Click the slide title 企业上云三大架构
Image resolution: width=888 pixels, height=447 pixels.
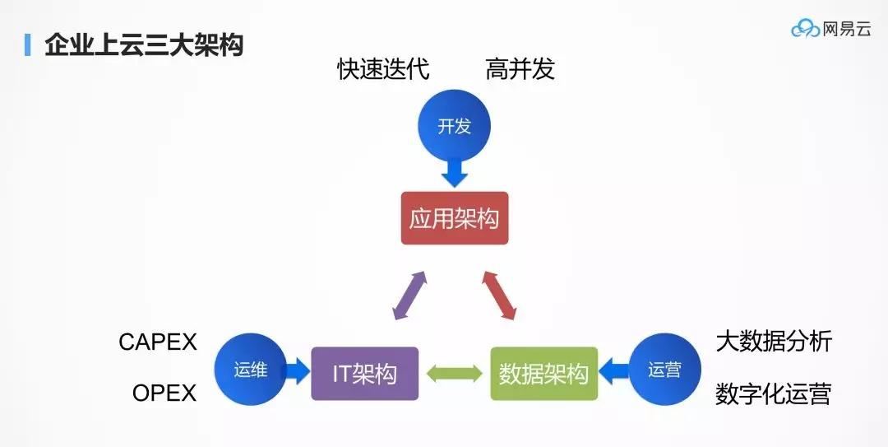pyautogui.click(x=144, y=45)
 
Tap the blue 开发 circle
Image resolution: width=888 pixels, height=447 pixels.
pyautogui.click(x=454, y=126)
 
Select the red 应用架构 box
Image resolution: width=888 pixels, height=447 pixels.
pyautogui.click(x=454, y=218)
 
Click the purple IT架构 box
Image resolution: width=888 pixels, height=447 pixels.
pyautogui.click(x=365, y=374)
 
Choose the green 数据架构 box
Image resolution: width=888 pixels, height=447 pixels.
pyautogui.click(x=543, y=374)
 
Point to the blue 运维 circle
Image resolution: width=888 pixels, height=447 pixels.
pyautogui.click(x=250, y=370)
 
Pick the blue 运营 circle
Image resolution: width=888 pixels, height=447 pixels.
pyautogui.click(x=665, y=370)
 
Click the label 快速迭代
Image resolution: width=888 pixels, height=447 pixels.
pyautogui.click(x=383, y=68)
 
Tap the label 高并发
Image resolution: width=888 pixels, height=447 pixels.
pyautogui.click(x=520, y=68)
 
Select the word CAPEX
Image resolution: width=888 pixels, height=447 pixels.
pyautogui.click(x=158, y=342)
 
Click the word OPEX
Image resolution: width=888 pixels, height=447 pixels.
pyautogui.click(x=164, y=393)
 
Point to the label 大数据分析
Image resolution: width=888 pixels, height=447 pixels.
pyautogui.click(x=775, y=342)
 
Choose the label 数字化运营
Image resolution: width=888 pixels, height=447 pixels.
pyautogui.click(x=773, y=393)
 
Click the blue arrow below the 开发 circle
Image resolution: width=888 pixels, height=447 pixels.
pyautogui.click(x=454, y=173)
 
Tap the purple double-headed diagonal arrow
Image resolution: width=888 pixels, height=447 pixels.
pyautogui.click(x=410, y=296)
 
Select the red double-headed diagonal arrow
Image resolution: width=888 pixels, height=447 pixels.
pyautogui.click(x=499, y=296)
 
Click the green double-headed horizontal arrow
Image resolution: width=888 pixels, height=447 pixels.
pyautogui.click(x=454, y=374)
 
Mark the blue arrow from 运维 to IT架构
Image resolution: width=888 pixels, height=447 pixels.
pyautogui.click(x=297, y=371)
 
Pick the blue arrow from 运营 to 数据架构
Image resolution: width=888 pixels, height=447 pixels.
pyautogui.click(x=614, y=371)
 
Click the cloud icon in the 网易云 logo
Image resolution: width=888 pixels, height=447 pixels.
pyautogui.click(x=805, y=28)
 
